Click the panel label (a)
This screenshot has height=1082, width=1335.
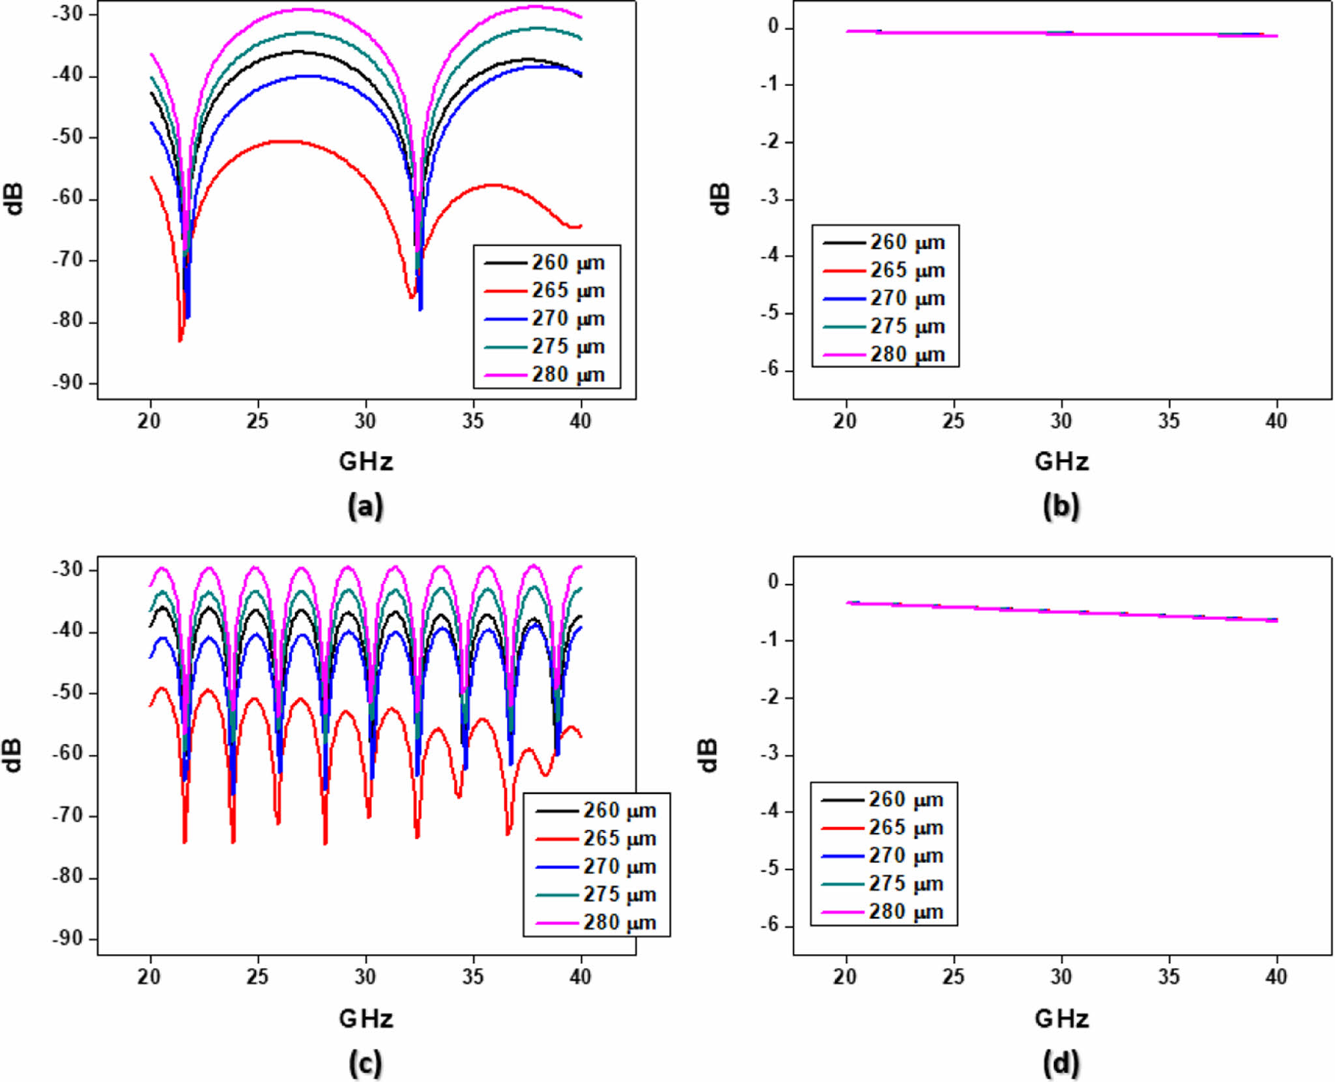pyautogui.click(x=366, y=506)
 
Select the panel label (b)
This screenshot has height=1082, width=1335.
pyautogui.click(x=1061, y=506)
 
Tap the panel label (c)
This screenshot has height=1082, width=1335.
pyautogui.click(x=366, y=1064)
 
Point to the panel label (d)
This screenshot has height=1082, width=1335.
pyautogui.click(x=1061, y=1064)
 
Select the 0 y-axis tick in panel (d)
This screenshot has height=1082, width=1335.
pyautogui.click(x=773, y=582)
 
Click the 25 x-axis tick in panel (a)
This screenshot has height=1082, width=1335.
pyautogui.click(x=257, y=422)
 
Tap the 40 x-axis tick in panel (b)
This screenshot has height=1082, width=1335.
pyautogui.click(x=1276, y=422)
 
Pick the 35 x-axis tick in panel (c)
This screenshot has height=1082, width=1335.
pyautogui.click(x=473, y=976)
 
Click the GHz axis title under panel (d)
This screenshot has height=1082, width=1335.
pyautogui.click(x=1061, y=1018)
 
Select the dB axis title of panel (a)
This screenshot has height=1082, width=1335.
pyautogui.click(x=14, y=199)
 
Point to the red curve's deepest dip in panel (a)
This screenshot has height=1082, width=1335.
pyautogui.click(x=180, y=340)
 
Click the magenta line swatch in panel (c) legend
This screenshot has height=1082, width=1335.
pyautogui.click(x=557, y=923)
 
